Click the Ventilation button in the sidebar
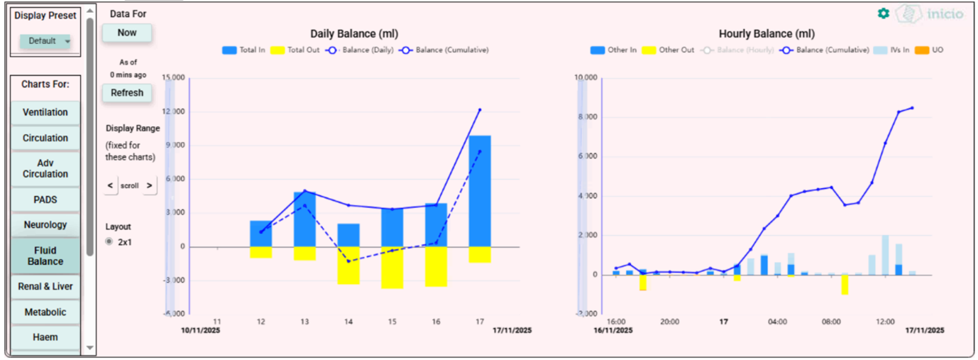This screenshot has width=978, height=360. [45, 112]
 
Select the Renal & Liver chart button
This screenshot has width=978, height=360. [45, 286]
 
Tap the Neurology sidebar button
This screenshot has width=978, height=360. [45, 224]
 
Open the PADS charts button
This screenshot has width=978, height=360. [45, 200]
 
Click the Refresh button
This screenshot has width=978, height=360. [127, 92]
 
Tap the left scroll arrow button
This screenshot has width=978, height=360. [110, 185]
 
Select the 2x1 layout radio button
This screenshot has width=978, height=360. [109, 241]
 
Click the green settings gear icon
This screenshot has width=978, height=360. [883, 13]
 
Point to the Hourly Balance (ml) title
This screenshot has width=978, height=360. [767, 34]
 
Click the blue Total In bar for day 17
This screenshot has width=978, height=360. [480, 190]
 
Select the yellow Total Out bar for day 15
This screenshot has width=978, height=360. [392, 267]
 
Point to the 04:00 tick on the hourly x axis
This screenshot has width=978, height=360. [777, 322]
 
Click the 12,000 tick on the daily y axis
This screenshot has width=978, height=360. [175, 111]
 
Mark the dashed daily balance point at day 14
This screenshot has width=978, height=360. [348, 261]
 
